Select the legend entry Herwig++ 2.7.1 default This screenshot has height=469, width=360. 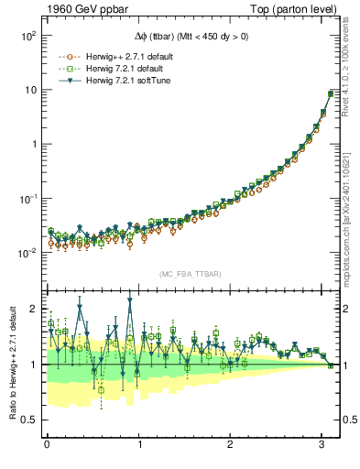coord(123,56)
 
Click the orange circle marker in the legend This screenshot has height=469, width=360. coord(66,56)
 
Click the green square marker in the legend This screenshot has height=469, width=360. coord(66,68)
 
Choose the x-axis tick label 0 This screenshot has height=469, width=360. coord(47,446)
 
